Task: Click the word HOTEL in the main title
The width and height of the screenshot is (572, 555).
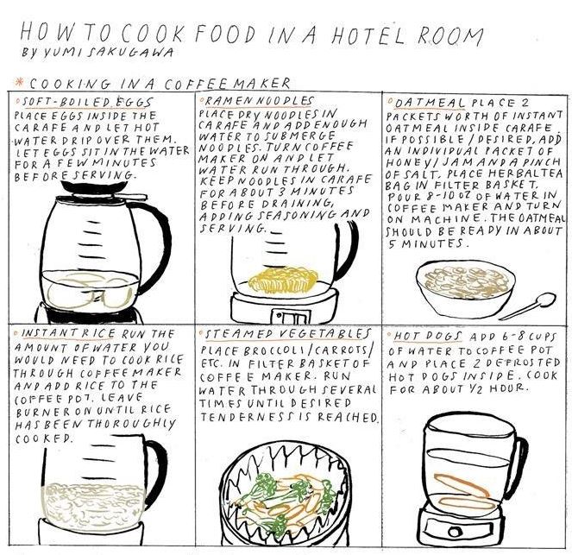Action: click(x=368, y=35)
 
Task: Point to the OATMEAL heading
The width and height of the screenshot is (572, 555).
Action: click(x=430, y=104)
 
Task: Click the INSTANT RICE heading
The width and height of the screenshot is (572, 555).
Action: click(x=68, y=333)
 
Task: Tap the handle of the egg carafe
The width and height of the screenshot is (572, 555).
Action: click(x=156, y=241)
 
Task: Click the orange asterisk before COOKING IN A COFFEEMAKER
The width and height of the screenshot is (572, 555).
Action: click(x=17, y=81)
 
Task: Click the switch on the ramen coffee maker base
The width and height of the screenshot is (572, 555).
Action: click(x=291, y=318)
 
